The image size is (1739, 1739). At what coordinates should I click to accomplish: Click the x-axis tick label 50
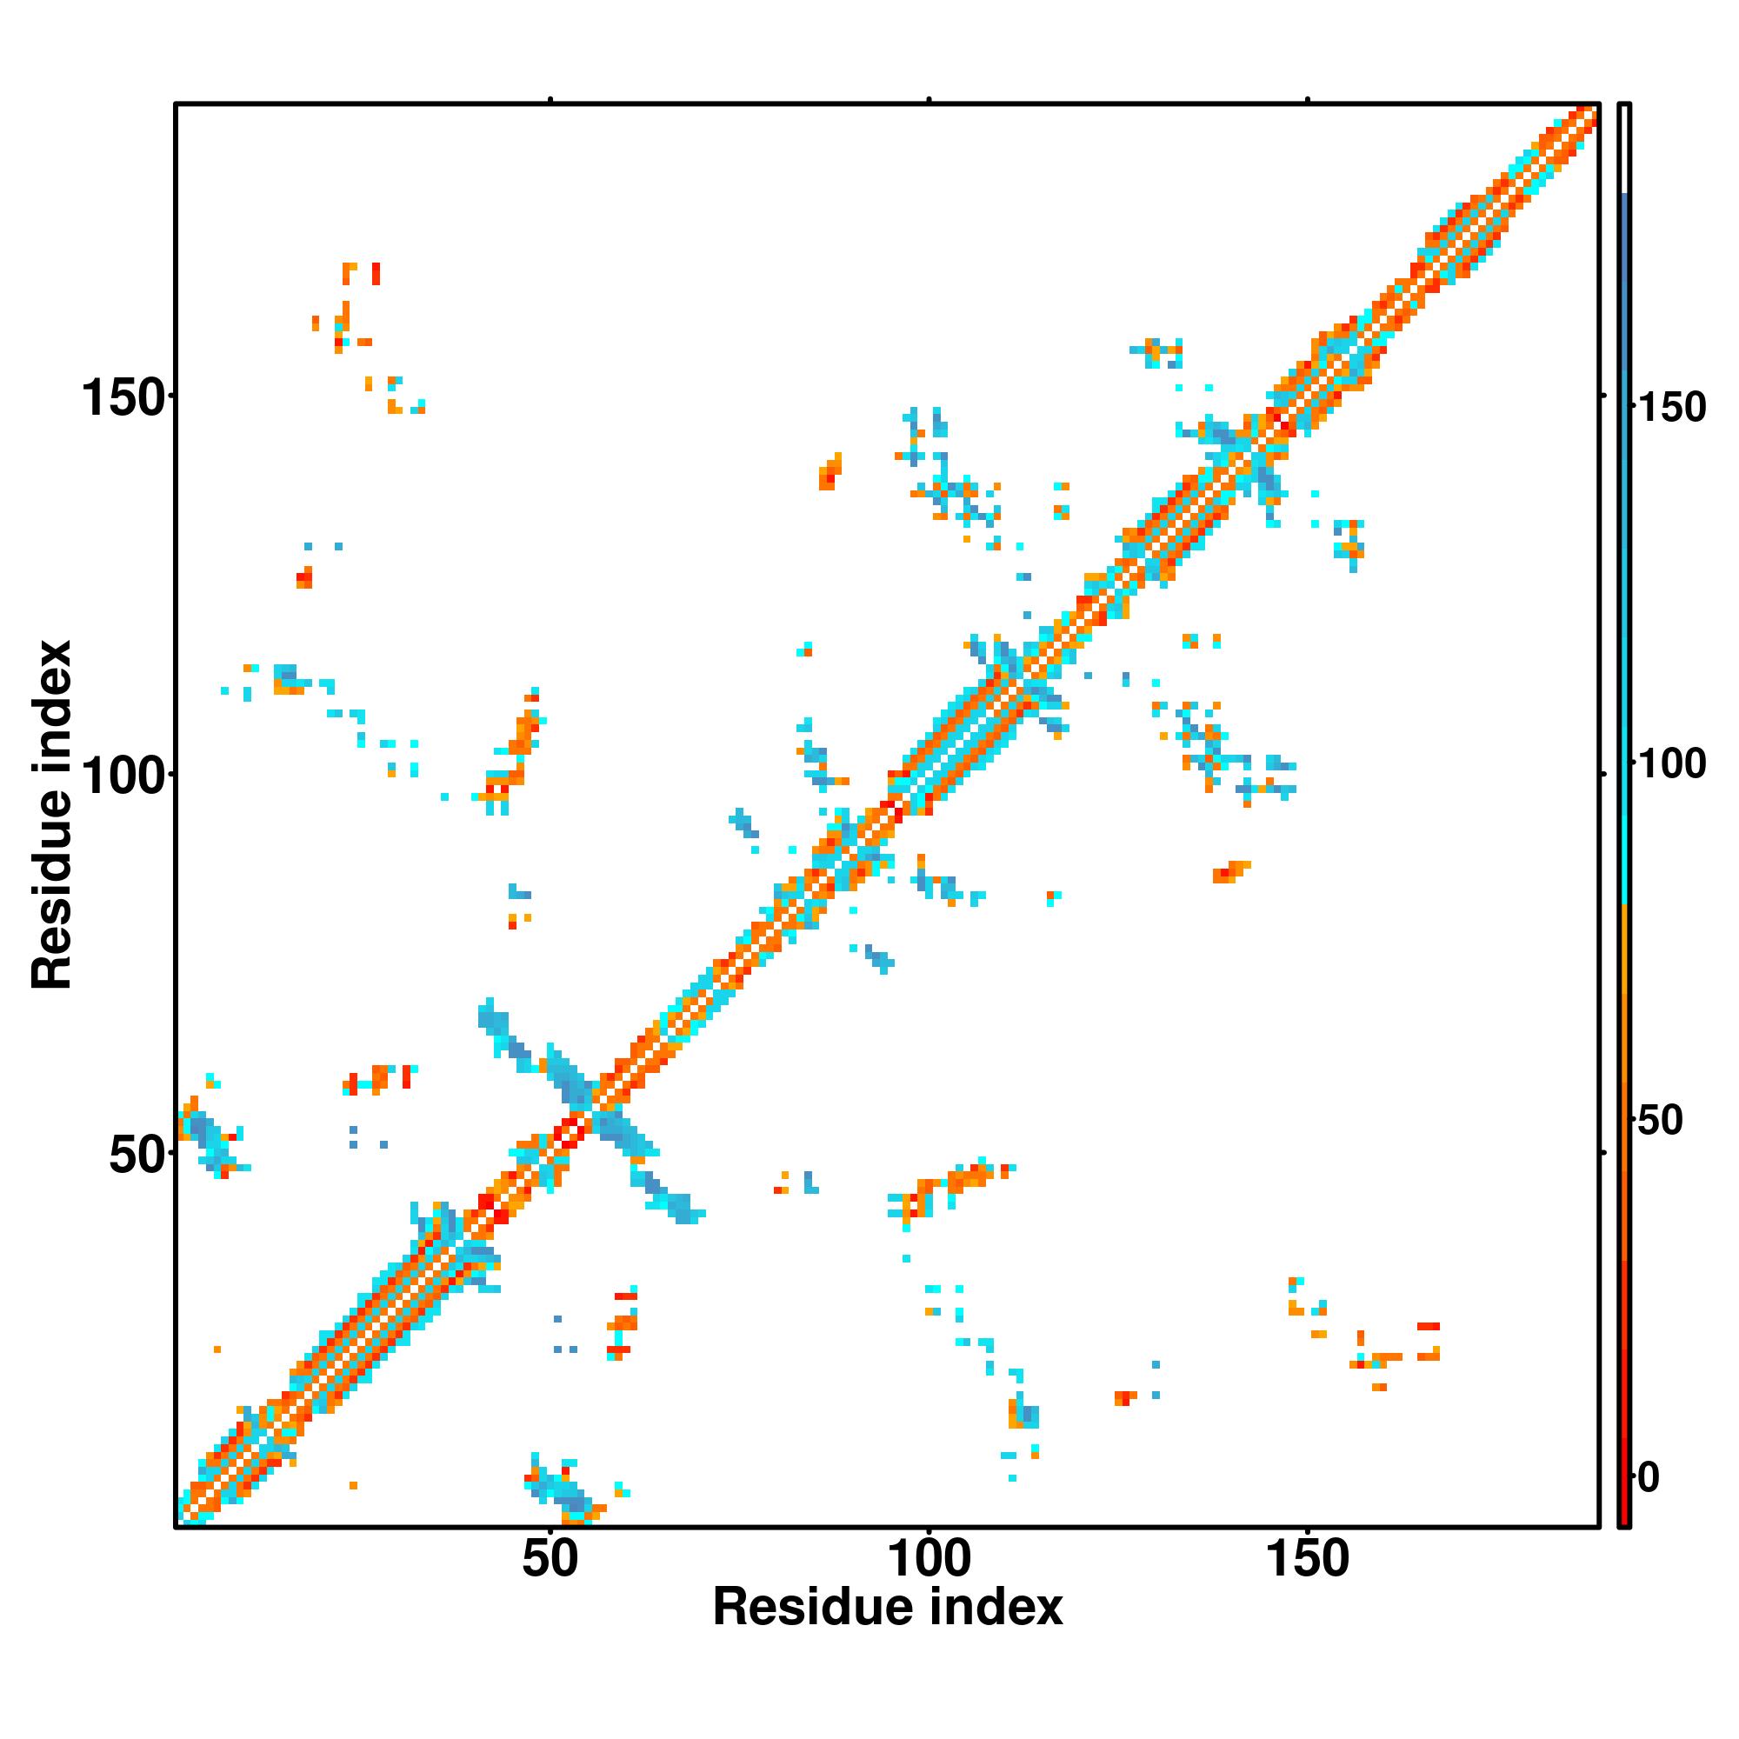click(x=550, y=1560)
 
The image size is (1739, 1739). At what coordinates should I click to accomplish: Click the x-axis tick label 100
click(x=928, y=1560)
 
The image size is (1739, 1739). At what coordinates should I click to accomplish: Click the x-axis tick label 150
click(x=1307, y=1560)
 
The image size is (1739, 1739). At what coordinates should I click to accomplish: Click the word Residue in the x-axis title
click(x=802, y=1609)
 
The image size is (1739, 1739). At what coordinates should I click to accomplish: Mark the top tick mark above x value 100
click(x=928, y=100)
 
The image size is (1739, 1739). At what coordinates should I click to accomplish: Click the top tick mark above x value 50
click(x=550, y=100)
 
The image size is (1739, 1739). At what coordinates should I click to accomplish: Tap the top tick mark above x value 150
click(x=1307, y=100)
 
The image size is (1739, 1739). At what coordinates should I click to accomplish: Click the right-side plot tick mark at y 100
click(x=1604, y=774)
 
